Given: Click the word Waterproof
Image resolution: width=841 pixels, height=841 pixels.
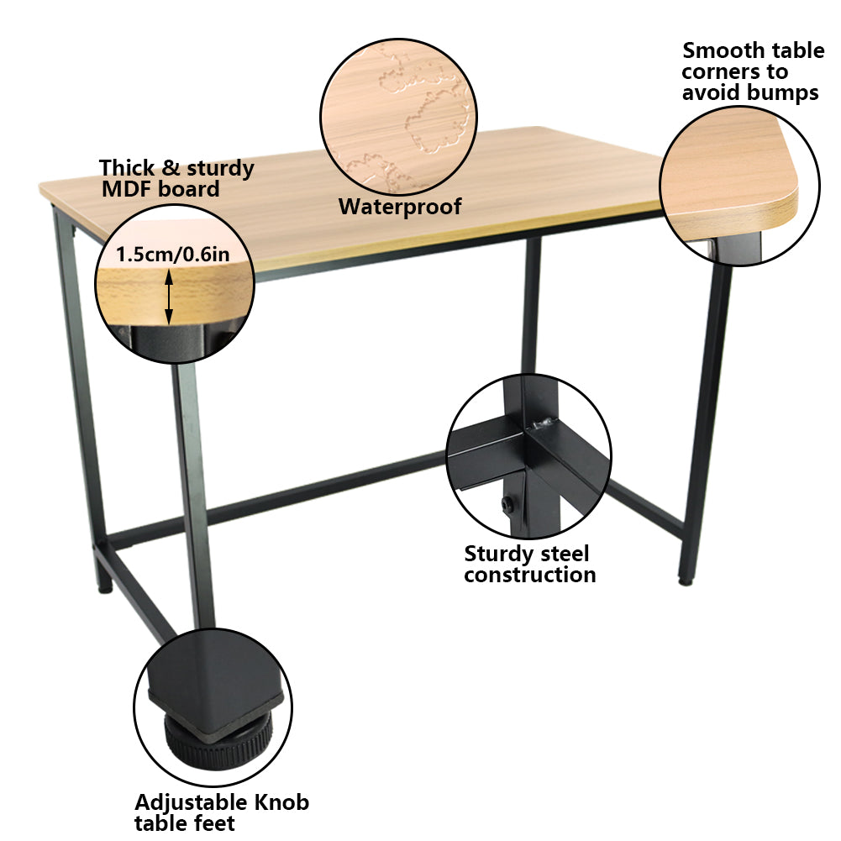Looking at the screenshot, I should (400, 207).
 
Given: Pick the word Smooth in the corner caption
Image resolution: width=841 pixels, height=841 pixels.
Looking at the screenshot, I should (723, 51).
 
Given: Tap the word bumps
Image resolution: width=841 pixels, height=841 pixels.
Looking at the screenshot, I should (786, 92).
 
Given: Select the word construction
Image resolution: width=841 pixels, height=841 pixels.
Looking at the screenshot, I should (529, 576).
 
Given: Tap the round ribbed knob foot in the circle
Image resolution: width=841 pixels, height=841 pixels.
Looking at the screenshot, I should (218, 739).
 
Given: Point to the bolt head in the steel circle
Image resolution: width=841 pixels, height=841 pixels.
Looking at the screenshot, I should (507, 505).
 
